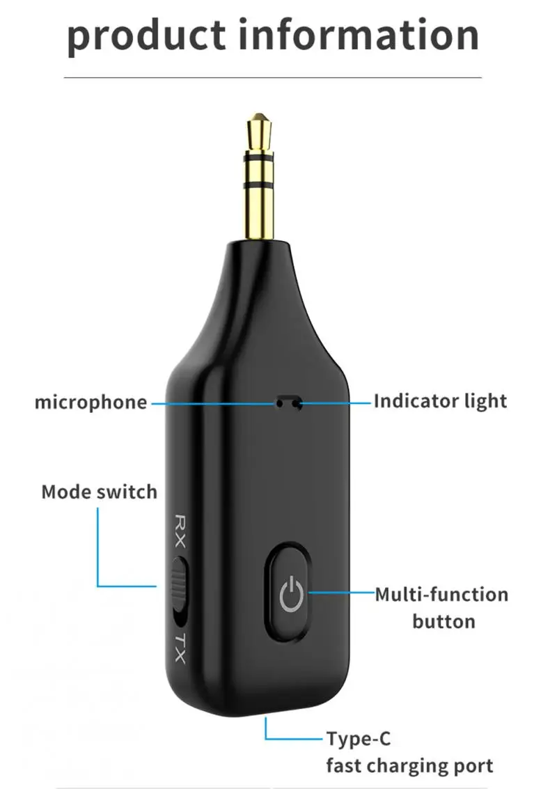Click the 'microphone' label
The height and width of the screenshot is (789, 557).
(91, 403)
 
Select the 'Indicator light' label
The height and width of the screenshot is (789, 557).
(440, 401)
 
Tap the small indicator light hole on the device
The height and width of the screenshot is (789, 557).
(288, 402)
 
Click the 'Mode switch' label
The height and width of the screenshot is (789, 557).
(99, 492)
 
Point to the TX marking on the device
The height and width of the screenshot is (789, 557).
(180, 648)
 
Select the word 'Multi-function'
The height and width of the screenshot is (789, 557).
(441, 595)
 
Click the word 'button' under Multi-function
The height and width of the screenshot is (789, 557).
(444, 621)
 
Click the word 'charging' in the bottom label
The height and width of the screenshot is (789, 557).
(411, 767)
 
